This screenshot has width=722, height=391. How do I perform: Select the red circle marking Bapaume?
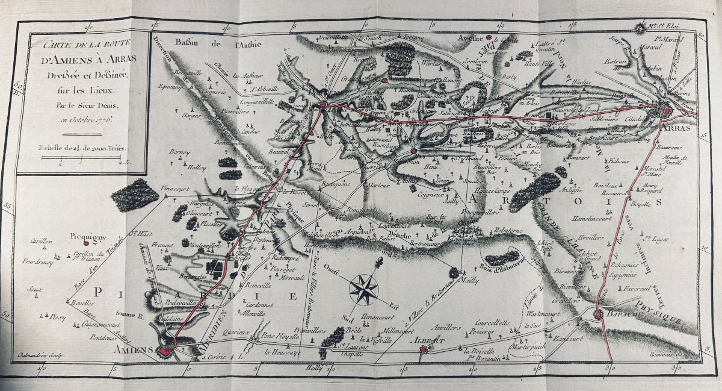pos(598,314)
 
